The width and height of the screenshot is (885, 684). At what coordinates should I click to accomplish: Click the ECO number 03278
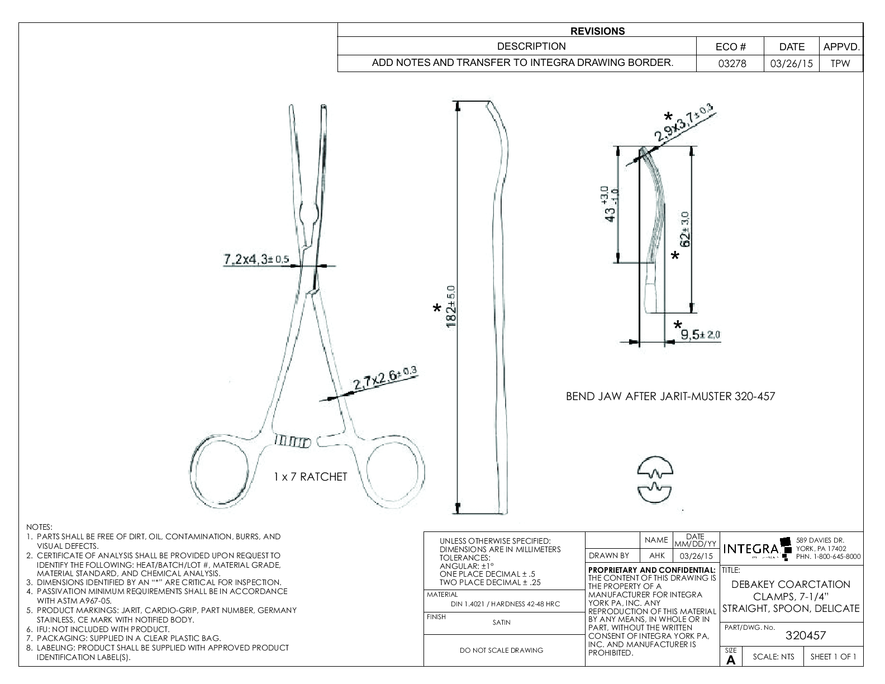point(732,64)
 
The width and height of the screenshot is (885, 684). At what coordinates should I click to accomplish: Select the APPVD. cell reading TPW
point(840,64)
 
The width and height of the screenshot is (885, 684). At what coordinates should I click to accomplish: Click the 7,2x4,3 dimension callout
point(256,260)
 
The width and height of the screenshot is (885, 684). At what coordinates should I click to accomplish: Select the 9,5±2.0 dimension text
point(701,335)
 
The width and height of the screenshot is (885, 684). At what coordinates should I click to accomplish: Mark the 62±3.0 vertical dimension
point(686,229)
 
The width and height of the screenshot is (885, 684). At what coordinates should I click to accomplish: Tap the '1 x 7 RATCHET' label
point(310,477)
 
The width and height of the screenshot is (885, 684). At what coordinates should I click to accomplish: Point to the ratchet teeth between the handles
point(293,441)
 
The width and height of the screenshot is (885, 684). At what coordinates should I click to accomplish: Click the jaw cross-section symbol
point(655,479)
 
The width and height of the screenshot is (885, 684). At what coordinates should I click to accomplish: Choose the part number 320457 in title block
point(805,635)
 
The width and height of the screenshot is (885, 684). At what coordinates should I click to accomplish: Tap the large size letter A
point(731,660)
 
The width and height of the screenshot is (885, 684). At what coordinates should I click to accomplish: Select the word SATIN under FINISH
point(501,622)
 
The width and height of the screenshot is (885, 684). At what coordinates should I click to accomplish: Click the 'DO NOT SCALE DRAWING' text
point(501,650)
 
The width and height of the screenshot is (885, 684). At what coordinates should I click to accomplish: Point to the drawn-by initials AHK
point(656,556)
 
